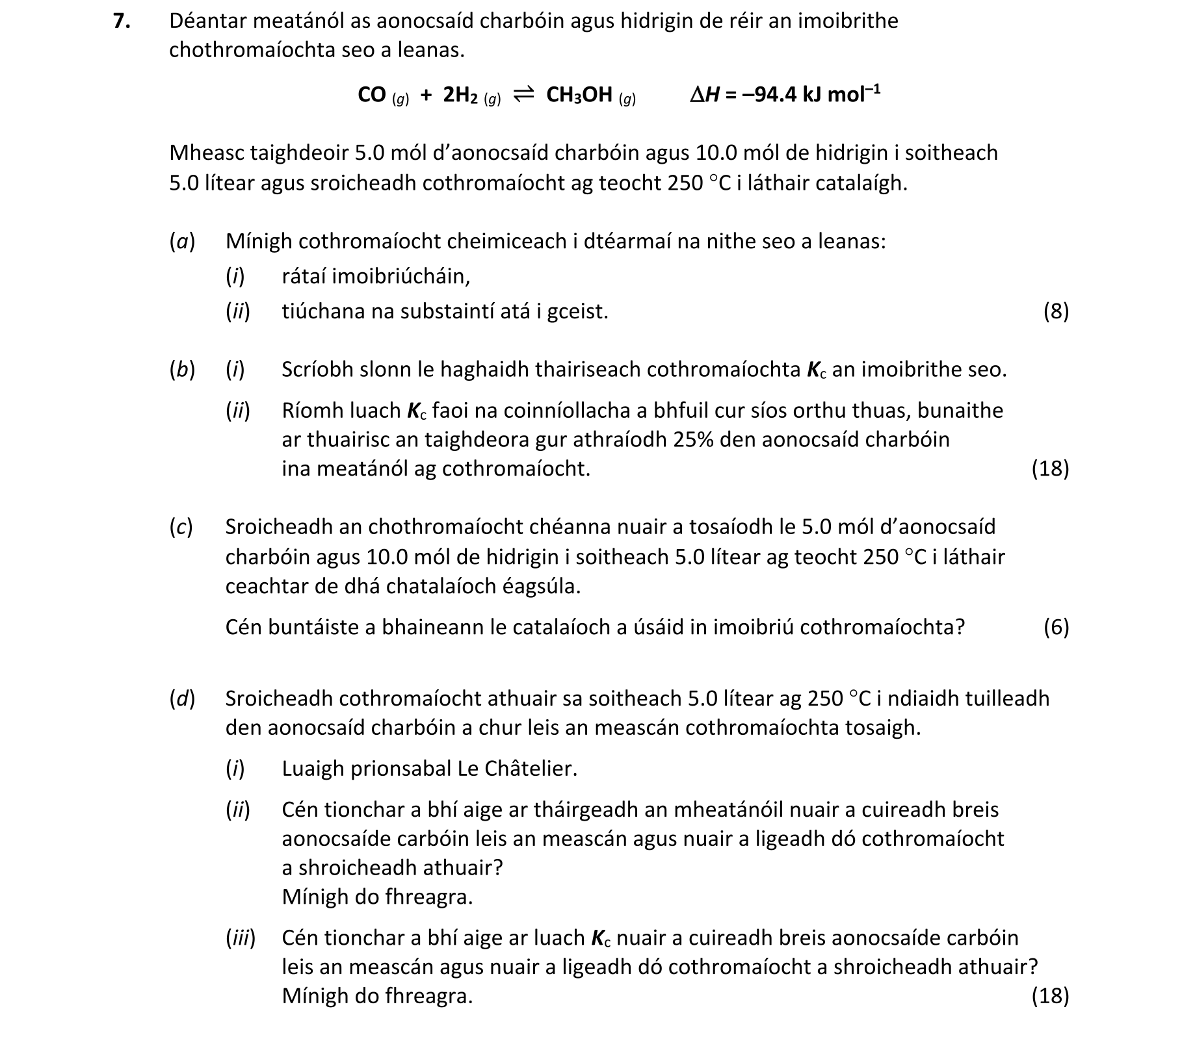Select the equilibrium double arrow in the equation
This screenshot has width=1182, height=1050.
524,95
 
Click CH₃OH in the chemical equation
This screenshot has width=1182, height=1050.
579,95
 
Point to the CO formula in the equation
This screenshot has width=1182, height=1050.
372,95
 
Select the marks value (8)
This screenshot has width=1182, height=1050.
1056,312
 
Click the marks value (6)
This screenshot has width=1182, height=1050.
1056,627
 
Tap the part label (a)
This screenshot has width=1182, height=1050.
182,242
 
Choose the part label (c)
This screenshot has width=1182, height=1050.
181,527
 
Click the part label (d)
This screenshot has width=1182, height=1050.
182,698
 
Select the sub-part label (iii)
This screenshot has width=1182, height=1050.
241,938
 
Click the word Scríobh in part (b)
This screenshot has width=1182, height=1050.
315,370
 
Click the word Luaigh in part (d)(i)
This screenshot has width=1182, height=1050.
313,769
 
